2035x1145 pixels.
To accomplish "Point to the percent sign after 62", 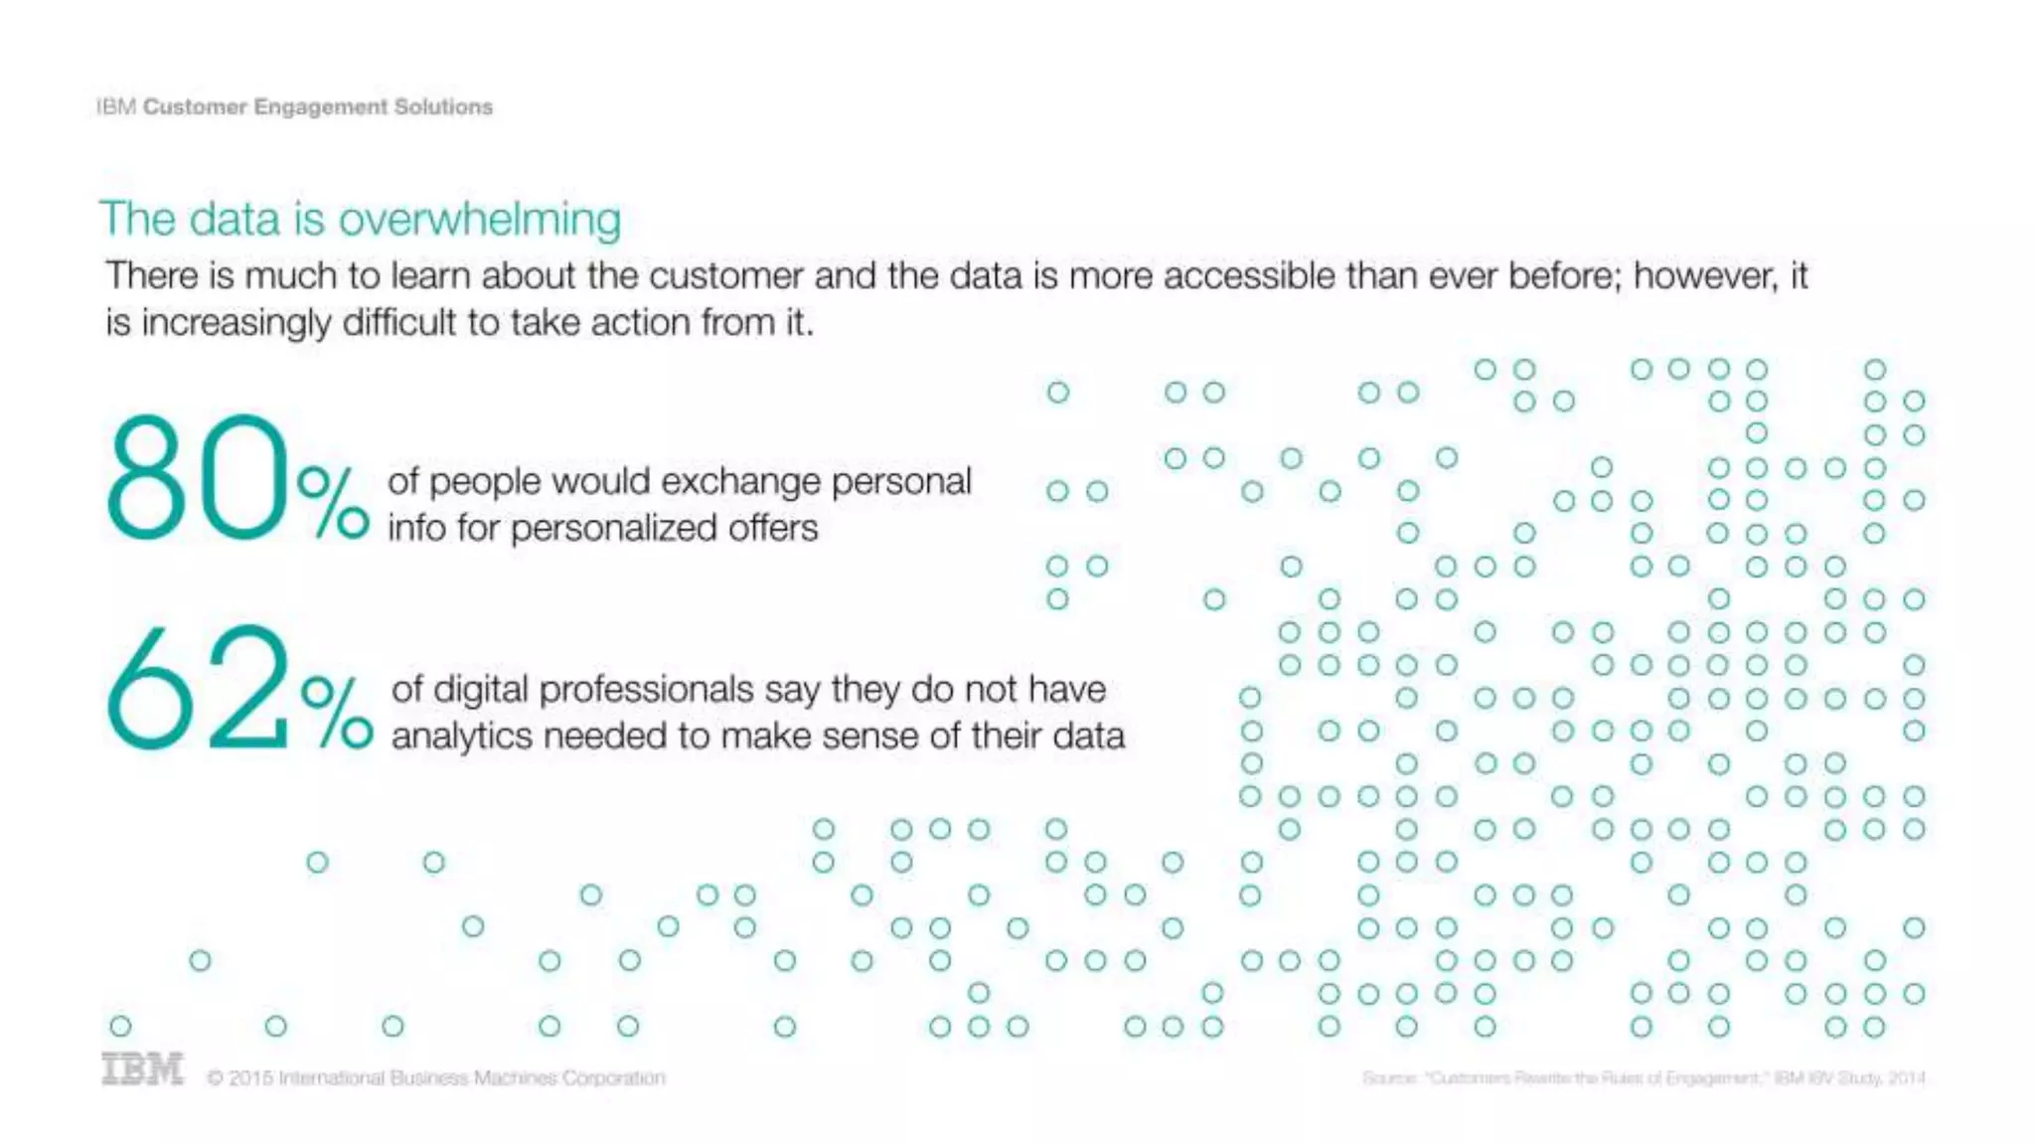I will (337, 712).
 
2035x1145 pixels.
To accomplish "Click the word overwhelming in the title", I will (480, 220).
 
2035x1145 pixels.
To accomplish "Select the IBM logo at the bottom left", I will (142, 1069).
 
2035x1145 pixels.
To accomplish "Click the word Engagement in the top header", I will (320, 107).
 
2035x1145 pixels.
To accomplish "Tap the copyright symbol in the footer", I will (215, 1078).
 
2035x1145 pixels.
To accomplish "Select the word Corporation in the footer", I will (613, 1078).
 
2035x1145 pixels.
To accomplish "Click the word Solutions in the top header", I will (443, 107).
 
